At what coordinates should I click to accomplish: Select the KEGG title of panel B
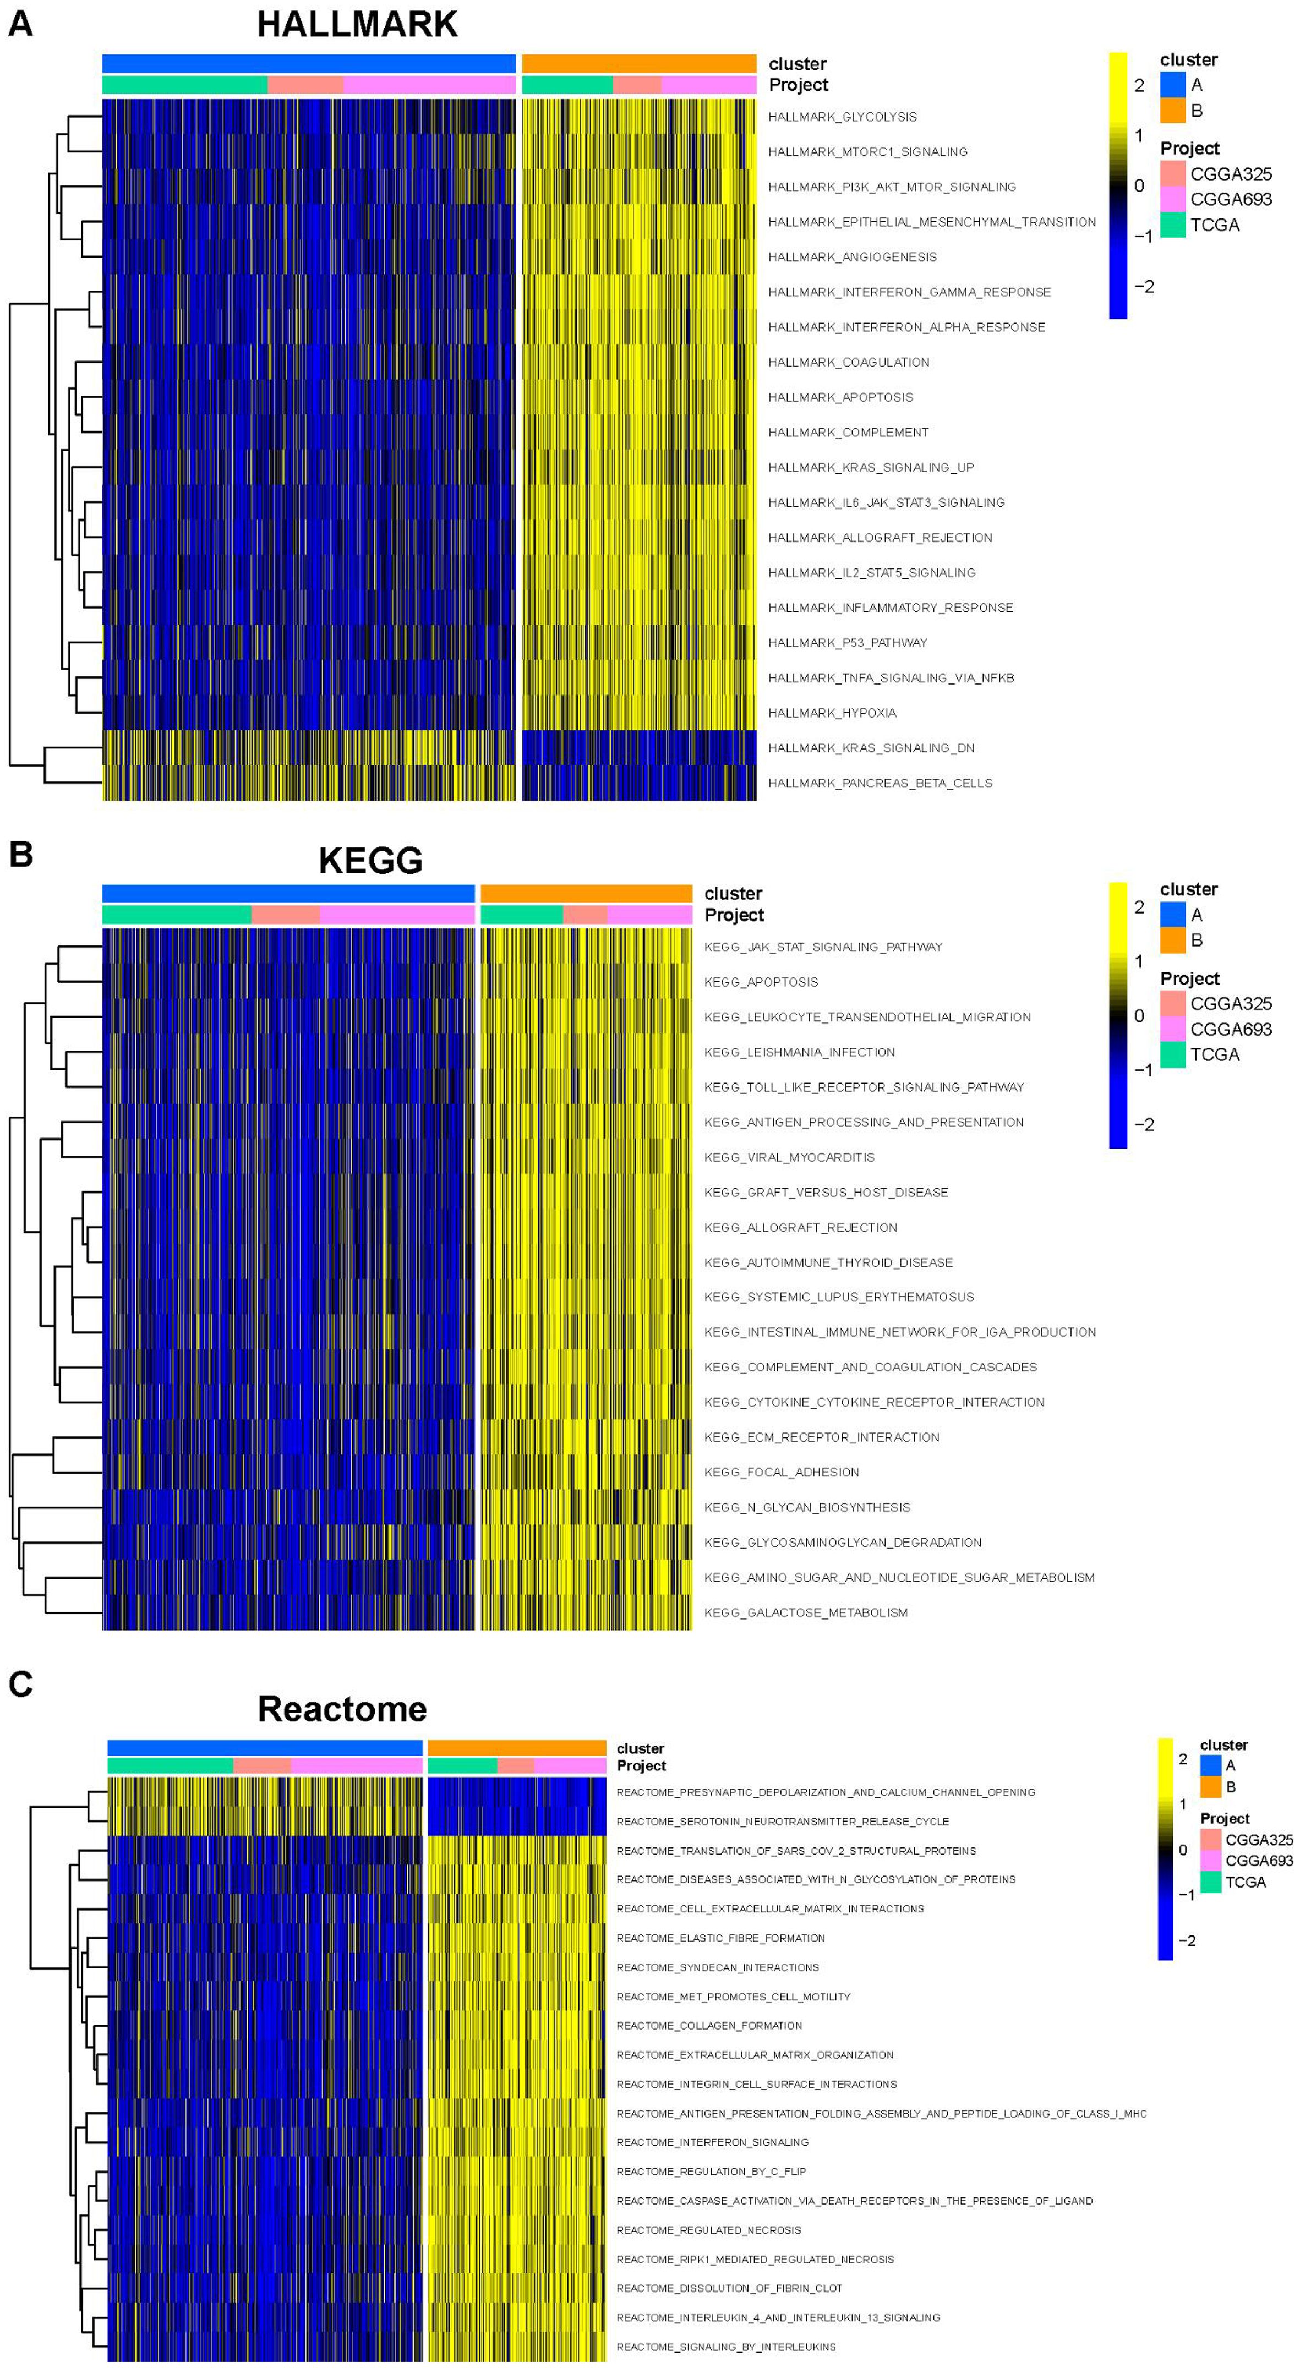[x=370, y=861]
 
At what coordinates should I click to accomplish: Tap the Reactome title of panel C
[x=342, y=1709]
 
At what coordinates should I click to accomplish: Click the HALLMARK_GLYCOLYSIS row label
[x=842, y=117]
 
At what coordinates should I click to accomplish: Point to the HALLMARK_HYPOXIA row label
[x=832, y=713]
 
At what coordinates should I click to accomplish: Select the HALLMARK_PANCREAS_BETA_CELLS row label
[x=880, y=783]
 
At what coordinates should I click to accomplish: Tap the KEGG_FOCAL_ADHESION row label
[x=782, y=1472]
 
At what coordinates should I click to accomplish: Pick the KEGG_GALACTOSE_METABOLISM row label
[x=805, y=1612]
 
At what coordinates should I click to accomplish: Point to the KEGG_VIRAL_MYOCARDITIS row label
[x=789, y=1157]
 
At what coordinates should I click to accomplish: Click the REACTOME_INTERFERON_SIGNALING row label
[x=713, y=2142]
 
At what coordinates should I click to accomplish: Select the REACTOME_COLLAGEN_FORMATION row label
[x=709, y=2025]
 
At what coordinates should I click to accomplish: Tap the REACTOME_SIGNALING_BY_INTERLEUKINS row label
[x=727, y=2347]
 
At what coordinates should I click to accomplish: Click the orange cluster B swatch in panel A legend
[x=1172, y=110]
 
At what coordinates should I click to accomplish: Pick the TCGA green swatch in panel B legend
[x=1172, y=1054]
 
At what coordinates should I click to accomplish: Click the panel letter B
[x=20, y=855]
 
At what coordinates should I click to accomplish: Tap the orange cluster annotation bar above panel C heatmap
[x=517, y=1747]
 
